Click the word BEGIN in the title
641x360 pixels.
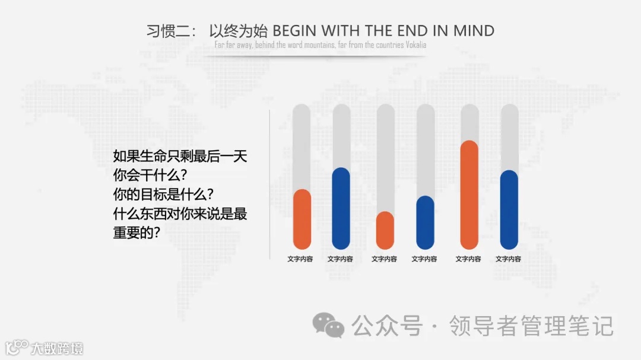(293, 31)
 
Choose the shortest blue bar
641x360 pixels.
(425, 222)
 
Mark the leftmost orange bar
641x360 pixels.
(302, 219)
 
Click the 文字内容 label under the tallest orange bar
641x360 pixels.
(468, 259)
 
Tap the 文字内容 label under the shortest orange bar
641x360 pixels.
(384, 259)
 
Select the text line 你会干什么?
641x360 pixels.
(150, 176)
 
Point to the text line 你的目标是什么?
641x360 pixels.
(163, 194)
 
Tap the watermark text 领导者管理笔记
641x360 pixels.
(531, 326)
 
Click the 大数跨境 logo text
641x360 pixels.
(57, 348)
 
